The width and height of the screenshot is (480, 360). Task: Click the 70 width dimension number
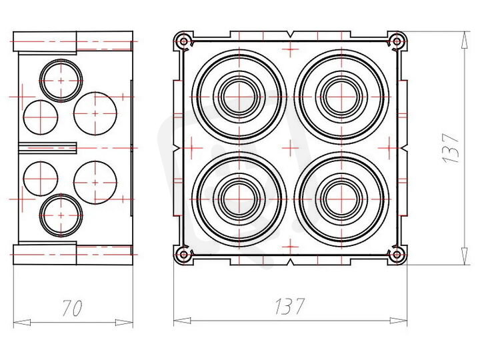point(72,307)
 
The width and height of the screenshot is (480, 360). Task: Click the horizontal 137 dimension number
point(289,306)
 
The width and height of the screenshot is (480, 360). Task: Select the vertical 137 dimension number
point(451,148)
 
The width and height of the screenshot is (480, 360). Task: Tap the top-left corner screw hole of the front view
point(184,41)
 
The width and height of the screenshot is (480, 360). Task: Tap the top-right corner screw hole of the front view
point(397,41)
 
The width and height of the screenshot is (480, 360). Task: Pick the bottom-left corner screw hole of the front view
point(184,255)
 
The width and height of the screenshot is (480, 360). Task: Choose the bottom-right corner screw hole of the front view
point(397,255)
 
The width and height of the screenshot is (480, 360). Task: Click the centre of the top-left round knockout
point(239,97)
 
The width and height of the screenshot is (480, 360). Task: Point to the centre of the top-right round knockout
point(341,97)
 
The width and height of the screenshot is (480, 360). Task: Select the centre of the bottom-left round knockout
point(239,199)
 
